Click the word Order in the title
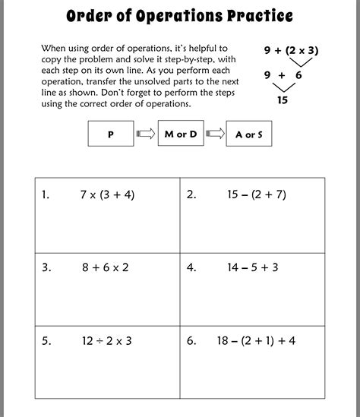90,16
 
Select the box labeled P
110,134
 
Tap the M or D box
181,134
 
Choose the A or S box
250,134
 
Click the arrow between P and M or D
145,134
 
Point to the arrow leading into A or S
216,134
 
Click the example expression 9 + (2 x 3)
292,50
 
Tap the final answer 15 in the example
283,100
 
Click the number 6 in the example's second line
309,75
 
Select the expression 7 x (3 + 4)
107,194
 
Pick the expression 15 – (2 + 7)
257,194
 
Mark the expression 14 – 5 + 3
252,267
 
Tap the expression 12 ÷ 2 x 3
106,340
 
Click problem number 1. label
46,194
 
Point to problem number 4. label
191,267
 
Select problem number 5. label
46,340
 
